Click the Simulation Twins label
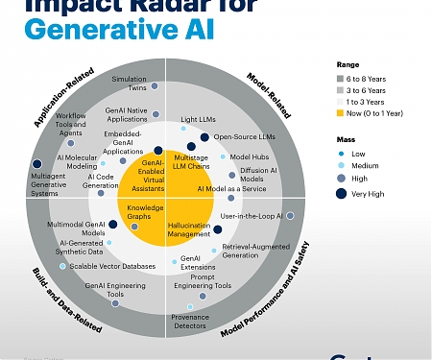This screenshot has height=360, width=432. (130, 84)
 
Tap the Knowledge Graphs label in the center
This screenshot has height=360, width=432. (146, 211)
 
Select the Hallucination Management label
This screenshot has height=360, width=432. (189, 229)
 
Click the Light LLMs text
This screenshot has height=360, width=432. (198, 118)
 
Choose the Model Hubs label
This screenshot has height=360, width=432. (248, 156)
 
